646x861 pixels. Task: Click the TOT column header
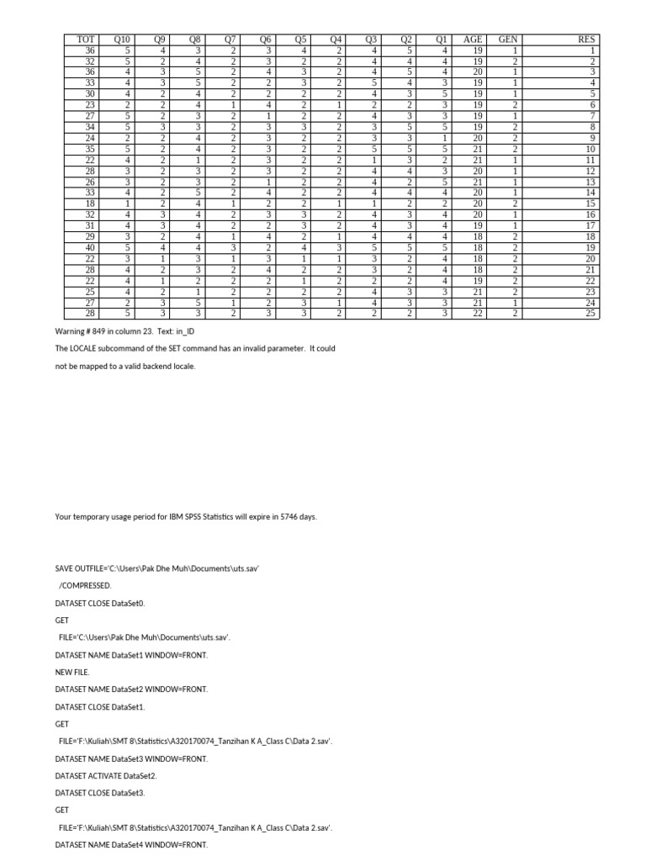pos(85,39)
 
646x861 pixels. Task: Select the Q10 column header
pos(123,39)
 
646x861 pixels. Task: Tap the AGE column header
pos(473,39)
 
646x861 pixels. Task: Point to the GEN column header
pos(508,39)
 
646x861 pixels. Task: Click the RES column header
pos(585,39)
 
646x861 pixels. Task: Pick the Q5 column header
pos(299,39)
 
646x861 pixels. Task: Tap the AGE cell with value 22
pos(477,314)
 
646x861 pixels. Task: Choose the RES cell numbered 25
pos(590,314)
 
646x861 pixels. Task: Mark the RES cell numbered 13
pos(590,182)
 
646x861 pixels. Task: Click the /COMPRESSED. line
pos(84,584)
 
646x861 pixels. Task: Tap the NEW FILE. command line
pos(71,672)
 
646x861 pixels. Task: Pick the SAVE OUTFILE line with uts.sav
pos(156,568)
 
